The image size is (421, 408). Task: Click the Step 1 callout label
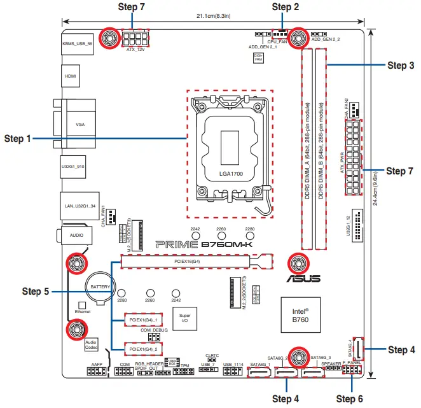(x=17, y=138)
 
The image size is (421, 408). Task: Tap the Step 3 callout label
(x=401, y=66)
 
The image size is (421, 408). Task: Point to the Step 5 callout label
(x=36, y=291)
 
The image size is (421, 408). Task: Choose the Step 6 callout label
(x=349, y=399)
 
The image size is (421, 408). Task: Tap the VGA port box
(x=79, y=125)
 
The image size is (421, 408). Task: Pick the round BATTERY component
(x=100, y=287)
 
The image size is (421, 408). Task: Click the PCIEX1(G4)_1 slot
(x=142, y=318)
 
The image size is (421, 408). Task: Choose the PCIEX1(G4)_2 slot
(x=142, y=349)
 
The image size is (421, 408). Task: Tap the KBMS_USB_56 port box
(x=78, y=45)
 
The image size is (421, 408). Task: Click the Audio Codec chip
(x=92, y=345)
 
